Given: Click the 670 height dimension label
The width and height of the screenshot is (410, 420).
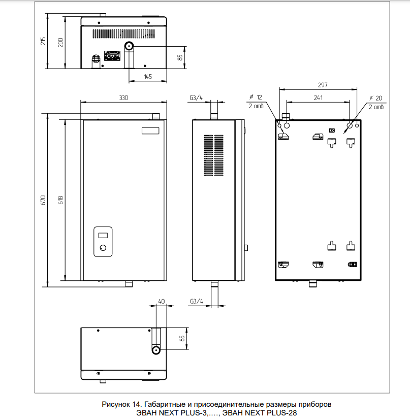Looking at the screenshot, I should click(x=43, y=200).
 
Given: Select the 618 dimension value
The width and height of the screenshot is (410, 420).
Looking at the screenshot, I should click(x=61, y=200).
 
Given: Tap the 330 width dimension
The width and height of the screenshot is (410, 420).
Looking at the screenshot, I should click(x=123, y=97).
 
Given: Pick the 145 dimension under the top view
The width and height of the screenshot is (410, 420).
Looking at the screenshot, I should click(x=148, y=76).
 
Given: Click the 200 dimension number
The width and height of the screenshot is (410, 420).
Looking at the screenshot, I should click(x=61, y=42).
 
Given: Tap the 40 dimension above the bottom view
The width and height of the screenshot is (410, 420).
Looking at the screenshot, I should click(x=161, y=301).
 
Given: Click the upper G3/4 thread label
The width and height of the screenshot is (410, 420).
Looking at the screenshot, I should click(x=196, y=97).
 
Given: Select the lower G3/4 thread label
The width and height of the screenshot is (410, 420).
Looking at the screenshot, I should click(x=196, y=301).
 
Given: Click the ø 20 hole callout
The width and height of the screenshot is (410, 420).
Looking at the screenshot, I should click(x=375, y=97).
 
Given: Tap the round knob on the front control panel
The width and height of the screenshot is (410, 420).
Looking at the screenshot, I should click(x=104, y=248).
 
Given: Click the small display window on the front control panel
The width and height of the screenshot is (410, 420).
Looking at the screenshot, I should click(x=104, y=235).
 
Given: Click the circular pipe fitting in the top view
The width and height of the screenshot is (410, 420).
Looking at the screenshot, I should click(x=130, y=46).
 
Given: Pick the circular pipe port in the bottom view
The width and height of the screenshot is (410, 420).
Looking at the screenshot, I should click(x=156, y=350).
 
